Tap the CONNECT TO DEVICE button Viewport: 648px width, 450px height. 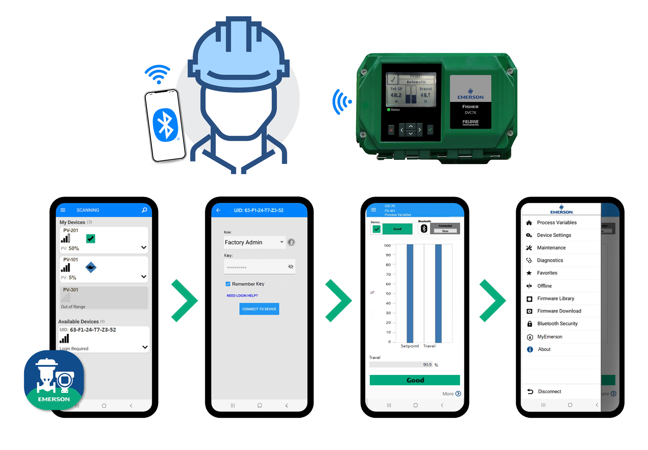coord(259,309)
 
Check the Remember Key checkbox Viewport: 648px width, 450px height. coord(228,284)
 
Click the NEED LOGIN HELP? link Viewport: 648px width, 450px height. coord(242,296)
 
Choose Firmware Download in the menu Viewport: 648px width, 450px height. coord(559,311)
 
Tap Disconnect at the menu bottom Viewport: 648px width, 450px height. coord(549,391)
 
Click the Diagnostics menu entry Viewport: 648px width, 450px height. coord(550,260)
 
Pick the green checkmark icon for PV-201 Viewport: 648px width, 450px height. coord(90,239)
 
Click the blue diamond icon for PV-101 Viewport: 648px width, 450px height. coord(91,267)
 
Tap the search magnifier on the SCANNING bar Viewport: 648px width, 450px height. coord(144,210)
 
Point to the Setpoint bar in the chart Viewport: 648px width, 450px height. coord(410,293)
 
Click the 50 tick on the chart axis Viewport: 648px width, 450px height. coord(388,294)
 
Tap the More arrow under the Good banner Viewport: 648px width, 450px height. coord(458,394)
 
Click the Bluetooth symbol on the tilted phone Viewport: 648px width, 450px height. coord(165,125)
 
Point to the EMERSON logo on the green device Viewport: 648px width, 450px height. coord(470,94)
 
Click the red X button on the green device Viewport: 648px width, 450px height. coord(391,130)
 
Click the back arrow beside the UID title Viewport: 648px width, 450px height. coord(218,210)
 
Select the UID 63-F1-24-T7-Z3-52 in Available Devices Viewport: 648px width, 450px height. coord(93,330)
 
